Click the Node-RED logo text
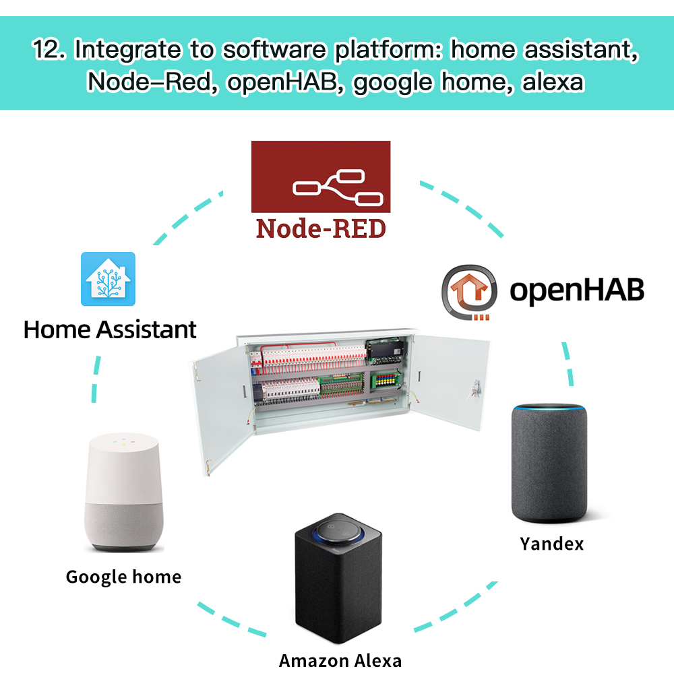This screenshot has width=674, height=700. [x=321, y=228]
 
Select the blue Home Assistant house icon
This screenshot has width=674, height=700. [x=108, y=279]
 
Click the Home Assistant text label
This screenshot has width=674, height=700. [x=110, y=329]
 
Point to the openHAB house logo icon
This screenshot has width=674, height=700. [x=469, y=292]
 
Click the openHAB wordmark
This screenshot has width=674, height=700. [x=576, y=290]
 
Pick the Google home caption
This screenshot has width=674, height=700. [x=123, y=577]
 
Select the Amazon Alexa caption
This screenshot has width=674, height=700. [x=340, y=660]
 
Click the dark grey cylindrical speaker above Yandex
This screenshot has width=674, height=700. [x=549, y=465]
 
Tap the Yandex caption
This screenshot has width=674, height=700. [x=551, y=543]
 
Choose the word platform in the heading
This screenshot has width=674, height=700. [x=388, y=52]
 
